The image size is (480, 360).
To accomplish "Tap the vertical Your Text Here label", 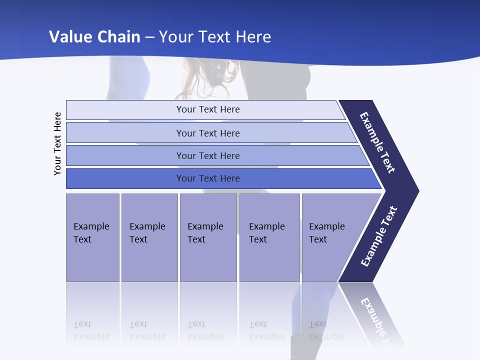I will [x=57, y=143].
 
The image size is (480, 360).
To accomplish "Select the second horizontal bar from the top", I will [x=208, y=133].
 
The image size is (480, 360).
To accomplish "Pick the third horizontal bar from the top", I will [x=208, y=155].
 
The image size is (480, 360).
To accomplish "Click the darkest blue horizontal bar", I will [x=208, y=178].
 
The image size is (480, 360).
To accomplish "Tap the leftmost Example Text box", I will [x=92, y=237].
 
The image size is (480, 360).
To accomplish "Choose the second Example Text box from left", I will [x=149, y=237].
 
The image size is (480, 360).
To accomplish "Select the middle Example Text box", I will [x=208, y=237].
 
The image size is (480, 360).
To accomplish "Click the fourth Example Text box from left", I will [x=269, y=237].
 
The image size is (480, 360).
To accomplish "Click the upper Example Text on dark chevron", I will [x=377, y=142].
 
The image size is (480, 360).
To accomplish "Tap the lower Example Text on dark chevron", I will [x=378, y=236].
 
